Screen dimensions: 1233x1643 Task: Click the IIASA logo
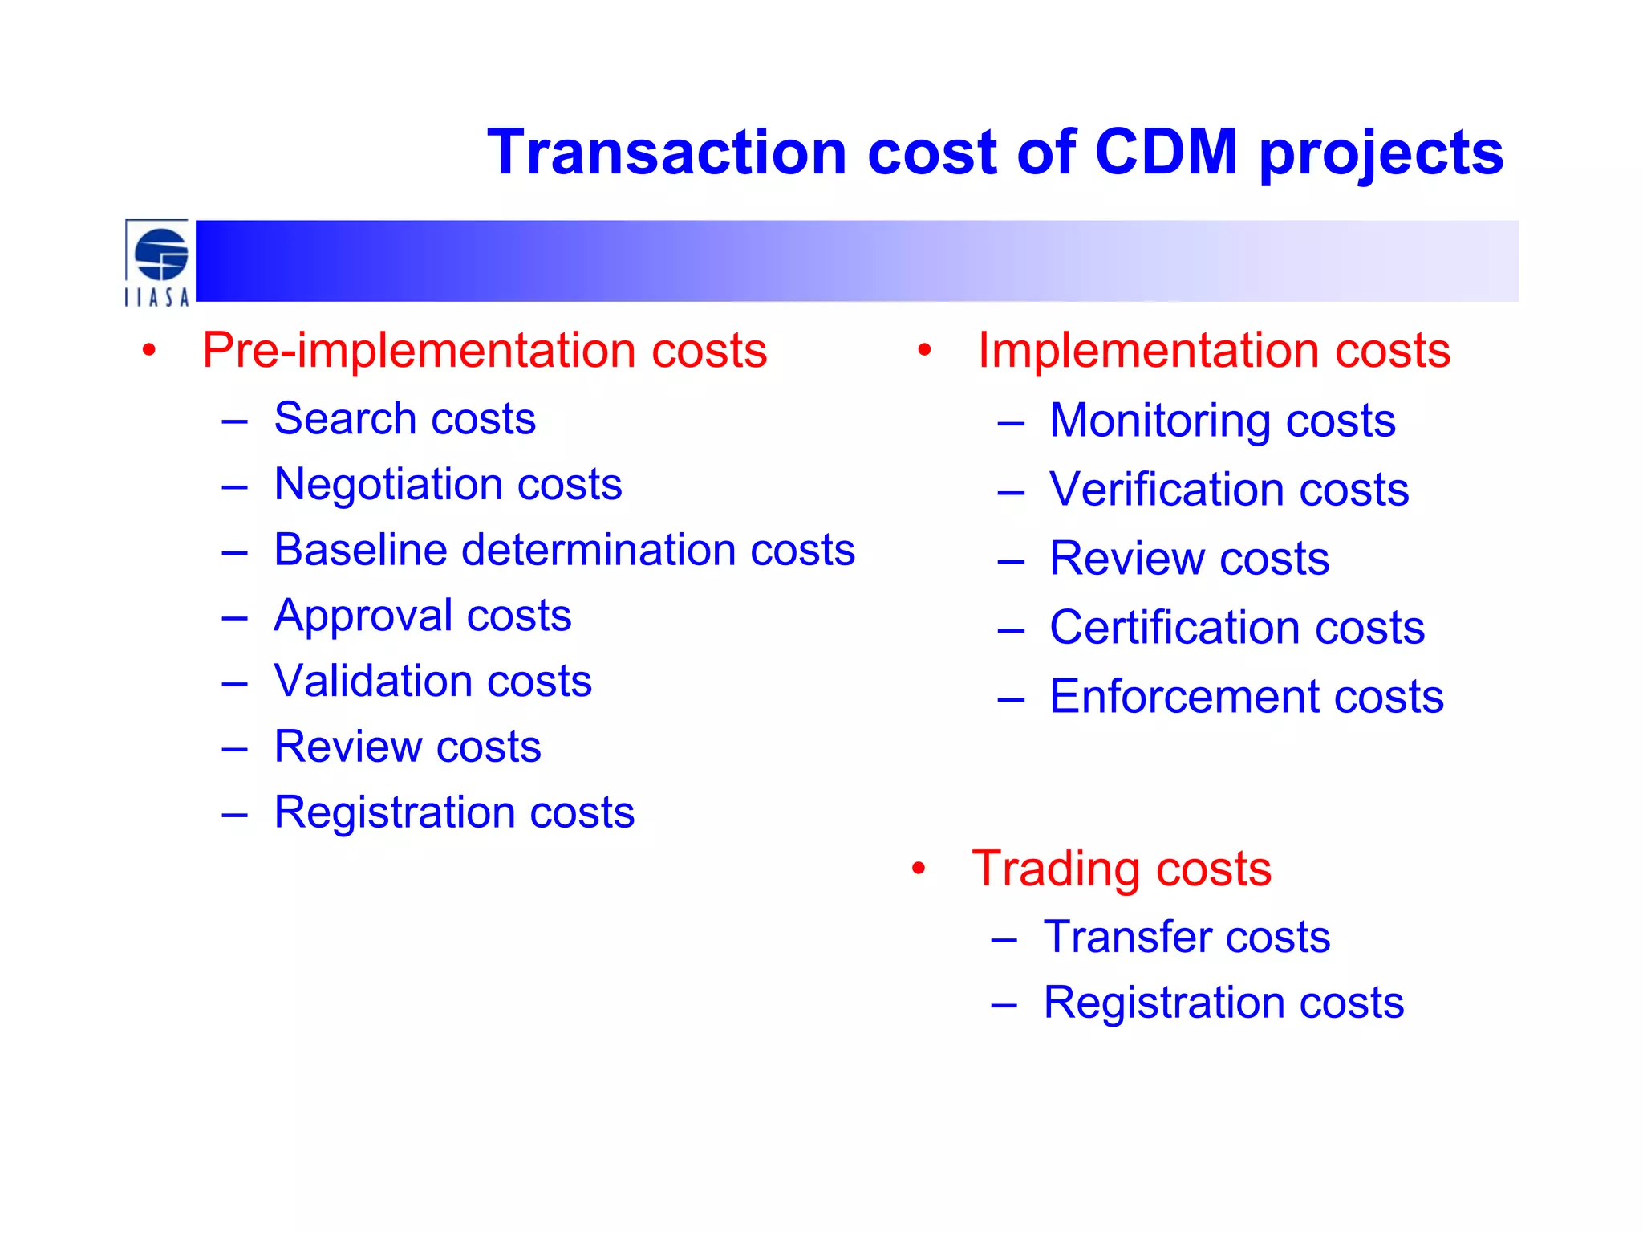[158, 262]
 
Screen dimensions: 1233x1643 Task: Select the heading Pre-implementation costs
[485, 350]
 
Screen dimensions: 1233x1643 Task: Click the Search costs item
[404, 419]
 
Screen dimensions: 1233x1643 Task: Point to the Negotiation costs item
[448, 484]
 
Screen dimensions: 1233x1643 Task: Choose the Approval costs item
[422, 616]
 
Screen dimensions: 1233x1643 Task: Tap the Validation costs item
[432, 681]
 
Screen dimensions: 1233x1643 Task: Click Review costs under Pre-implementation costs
[407, 747]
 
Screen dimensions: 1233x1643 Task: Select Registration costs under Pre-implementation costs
[454, 812]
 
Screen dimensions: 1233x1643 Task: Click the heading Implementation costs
[1214, 350]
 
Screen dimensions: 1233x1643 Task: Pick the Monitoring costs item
[1222, 421]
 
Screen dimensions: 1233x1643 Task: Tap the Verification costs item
[1228, 490]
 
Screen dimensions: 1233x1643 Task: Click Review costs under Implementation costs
[1189, 559]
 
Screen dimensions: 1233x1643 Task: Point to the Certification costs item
[1236, 628]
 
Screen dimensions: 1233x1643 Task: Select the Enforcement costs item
[1246, 697]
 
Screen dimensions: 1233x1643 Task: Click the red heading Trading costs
[1121, 869]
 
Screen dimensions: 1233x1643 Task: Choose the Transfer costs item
[1186, 937]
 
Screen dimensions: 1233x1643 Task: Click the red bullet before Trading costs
[919, 869]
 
